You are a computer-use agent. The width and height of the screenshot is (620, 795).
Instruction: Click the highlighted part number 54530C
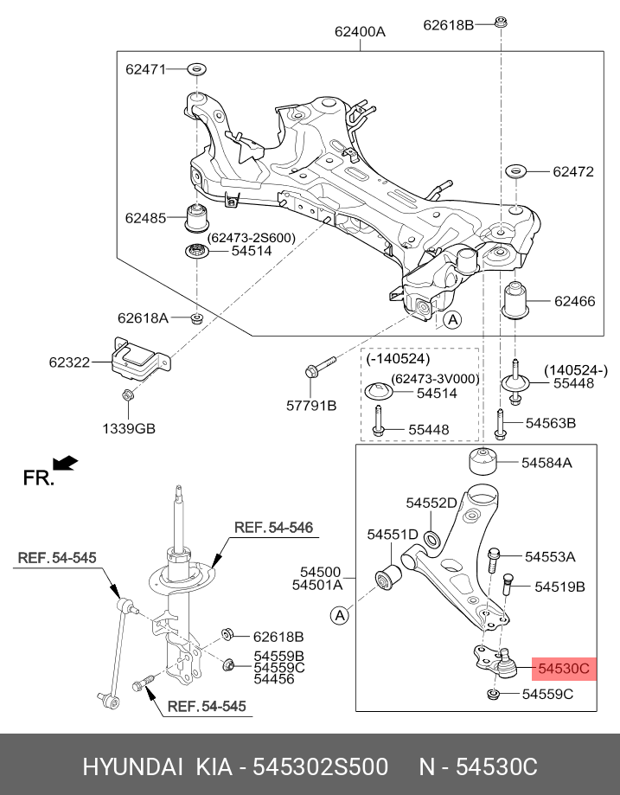click(564, 668)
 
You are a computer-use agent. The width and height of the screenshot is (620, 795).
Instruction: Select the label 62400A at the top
click(360, 32)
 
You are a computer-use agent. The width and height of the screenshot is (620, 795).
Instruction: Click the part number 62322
click(70, 362)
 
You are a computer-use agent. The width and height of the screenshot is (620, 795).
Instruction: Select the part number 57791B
click(312, 405)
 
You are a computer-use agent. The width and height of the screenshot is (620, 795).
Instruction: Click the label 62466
click(574, 301)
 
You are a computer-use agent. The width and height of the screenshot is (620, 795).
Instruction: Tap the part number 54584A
click(546, 463)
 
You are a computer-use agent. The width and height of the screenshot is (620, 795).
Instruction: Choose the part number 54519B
click(559, 587)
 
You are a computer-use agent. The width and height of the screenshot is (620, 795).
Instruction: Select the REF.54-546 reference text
click(262, 527)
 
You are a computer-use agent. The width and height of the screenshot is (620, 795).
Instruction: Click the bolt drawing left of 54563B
click(501, 423)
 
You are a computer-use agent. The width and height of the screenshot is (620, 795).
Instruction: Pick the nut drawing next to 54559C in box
click(495, 695)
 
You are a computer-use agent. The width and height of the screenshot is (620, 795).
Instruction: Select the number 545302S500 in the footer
click(320, 767)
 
